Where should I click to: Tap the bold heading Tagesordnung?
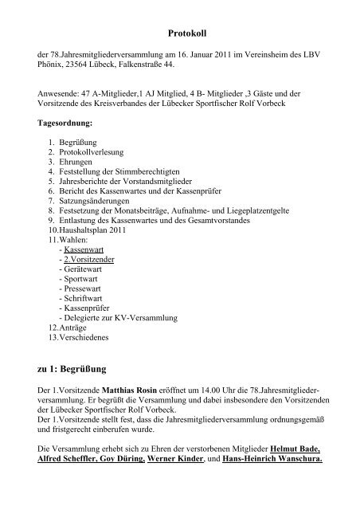pyautogui.click(x=65, y=124)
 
